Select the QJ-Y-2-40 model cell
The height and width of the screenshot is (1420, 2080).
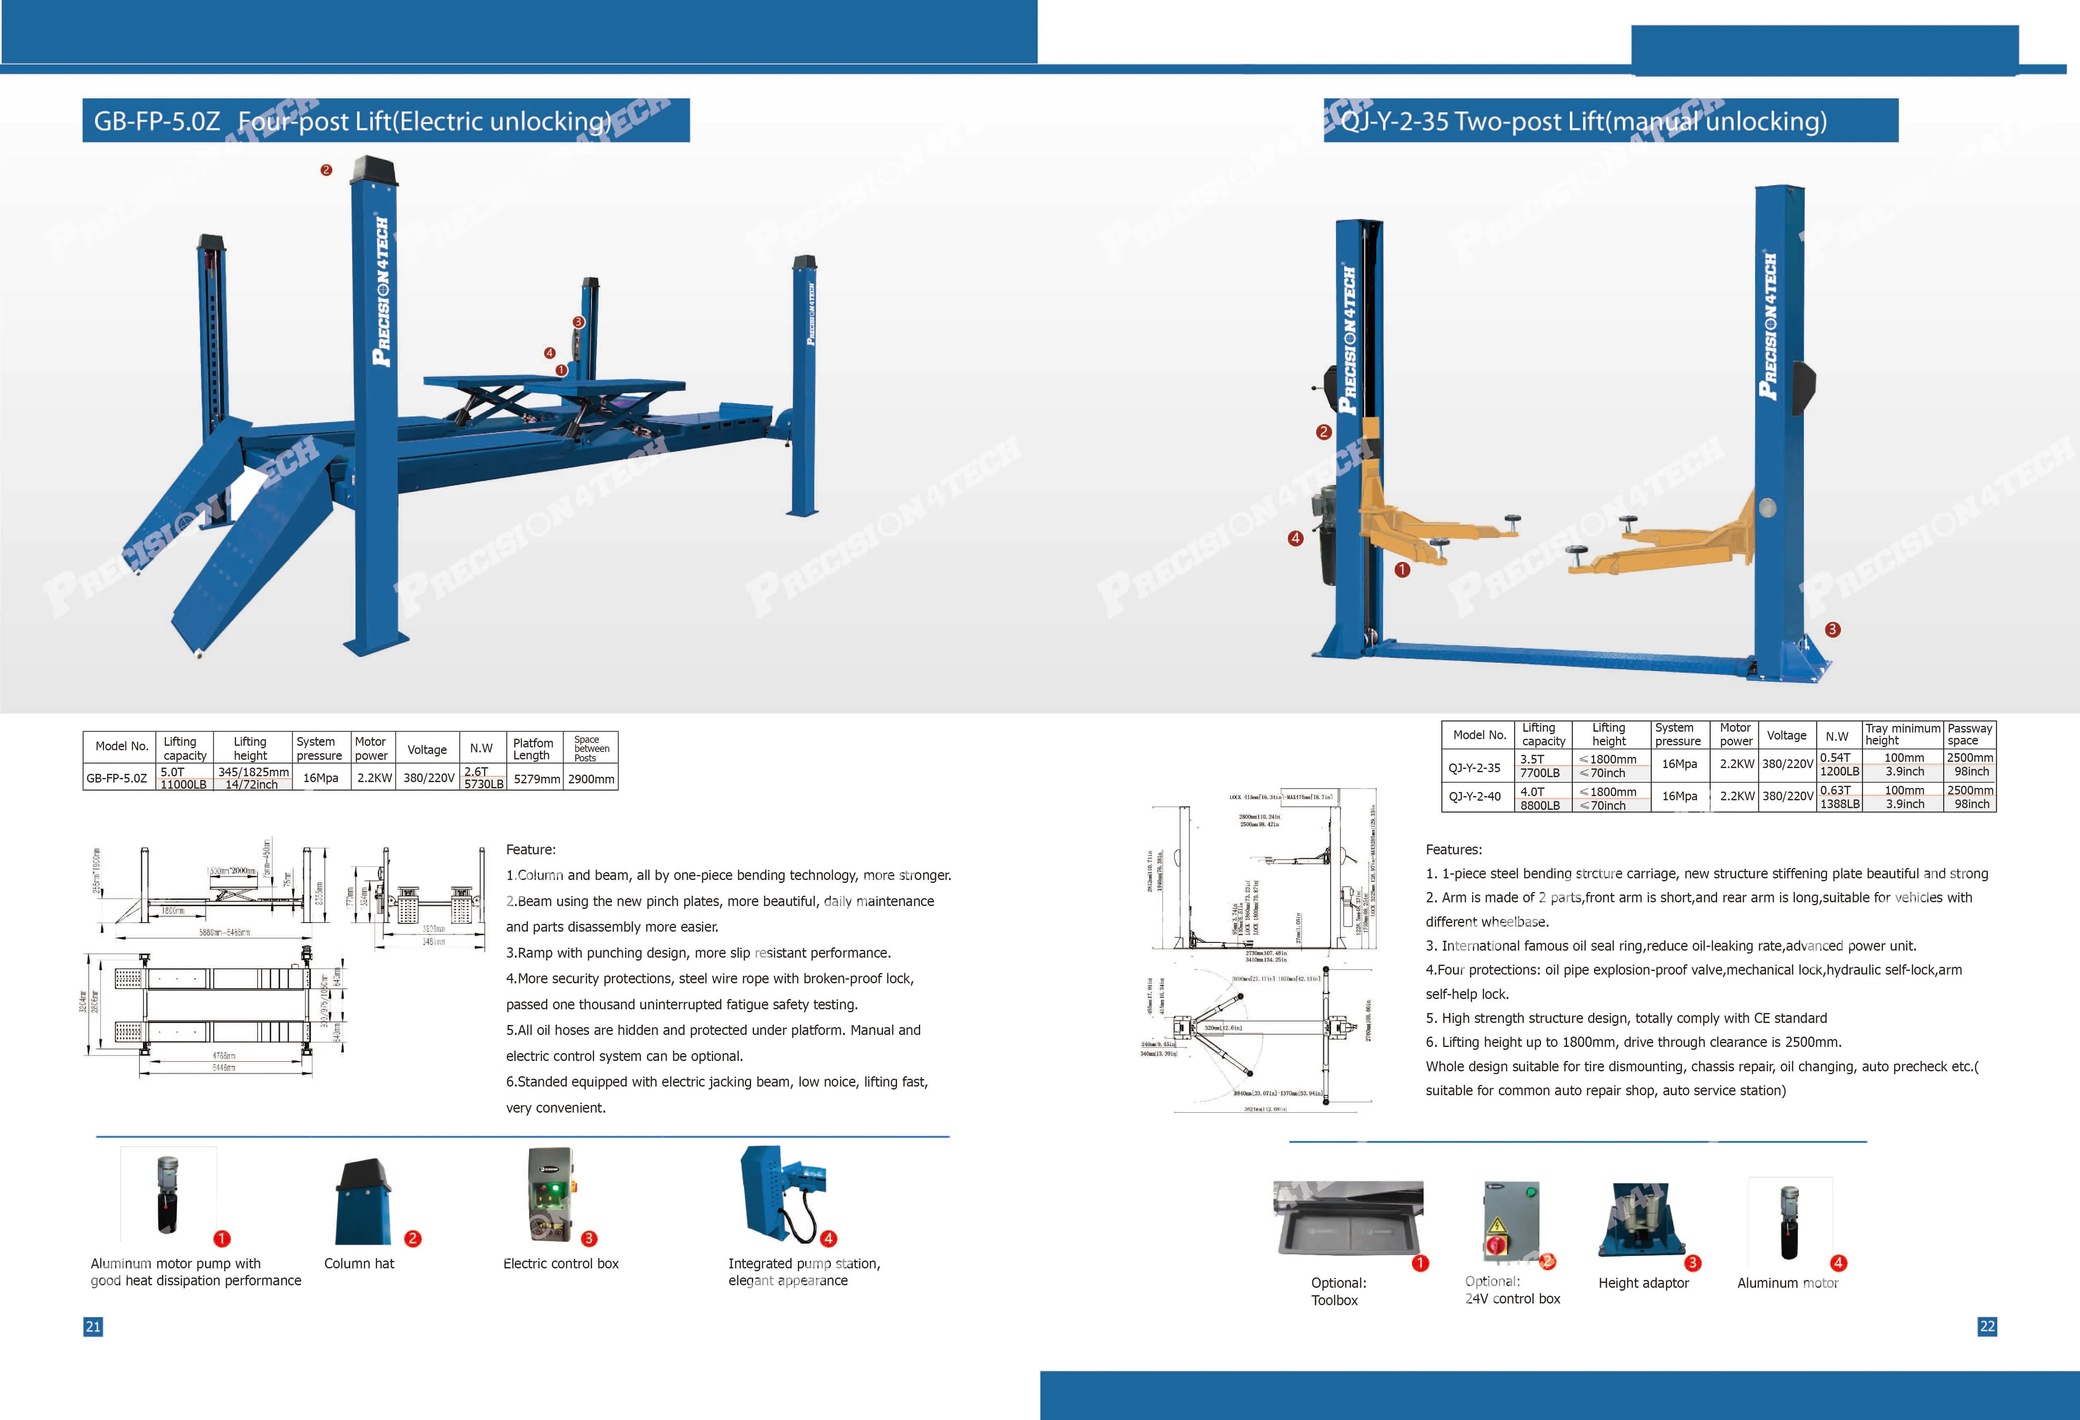1474,796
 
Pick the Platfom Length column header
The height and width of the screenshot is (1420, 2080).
532,749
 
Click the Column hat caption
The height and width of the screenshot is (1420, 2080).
359,1263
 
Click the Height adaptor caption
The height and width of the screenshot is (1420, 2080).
1643,1283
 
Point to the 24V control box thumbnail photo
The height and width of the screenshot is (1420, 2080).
1511,1221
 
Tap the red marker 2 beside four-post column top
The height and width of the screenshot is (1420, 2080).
327,170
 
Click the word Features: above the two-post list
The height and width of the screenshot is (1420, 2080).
1453,849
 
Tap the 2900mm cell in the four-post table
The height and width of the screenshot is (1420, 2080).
591,778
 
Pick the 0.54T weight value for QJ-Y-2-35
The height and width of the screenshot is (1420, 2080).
1835,758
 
